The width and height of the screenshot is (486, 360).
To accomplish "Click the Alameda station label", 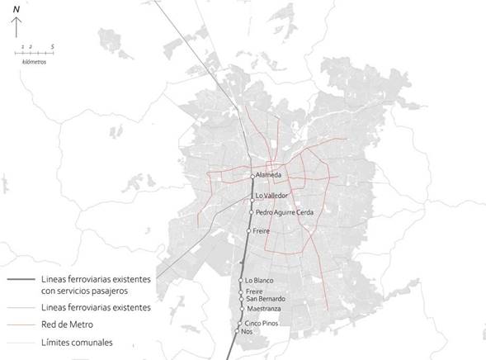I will tap(269, 176).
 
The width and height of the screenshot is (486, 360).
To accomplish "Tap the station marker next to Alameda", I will tap(253, 177).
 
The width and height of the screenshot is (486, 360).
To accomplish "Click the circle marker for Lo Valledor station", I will tap(252, 201).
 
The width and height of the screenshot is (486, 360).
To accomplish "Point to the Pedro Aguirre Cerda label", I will tap(285, 212).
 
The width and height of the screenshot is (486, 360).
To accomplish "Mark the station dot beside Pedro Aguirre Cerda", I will tap(252, 212).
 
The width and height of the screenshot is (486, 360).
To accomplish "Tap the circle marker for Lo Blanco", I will tap(243, 281).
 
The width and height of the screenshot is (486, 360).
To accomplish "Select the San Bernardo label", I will tap(265, 298).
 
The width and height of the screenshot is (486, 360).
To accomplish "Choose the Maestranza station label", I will tap(264, 309).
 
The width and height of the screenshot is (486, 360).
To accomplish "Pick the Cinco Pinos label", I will tap(262, 323).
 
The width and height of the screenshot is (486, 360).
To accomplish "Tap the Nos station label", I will tap(246, 331).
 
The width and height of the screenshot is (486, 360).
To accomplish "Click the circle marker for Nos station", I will tap(237, 331).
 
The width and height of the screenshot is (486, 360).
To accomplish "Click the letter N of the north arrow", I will tap(16, 8).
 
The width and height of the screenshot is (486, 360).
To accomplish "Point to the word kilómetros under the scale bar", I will tap(34, 63).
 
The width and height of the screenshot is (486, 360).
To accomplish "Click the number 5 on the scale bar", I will tap(52, 48).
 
